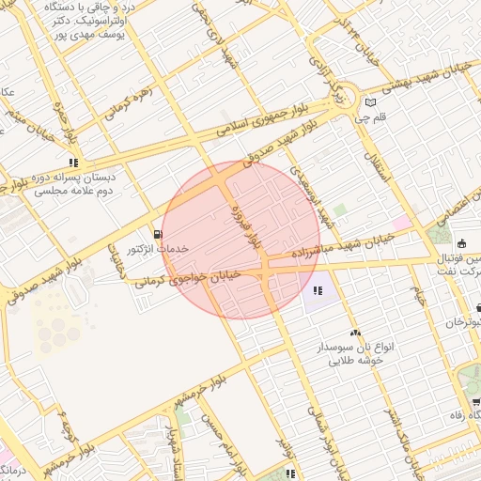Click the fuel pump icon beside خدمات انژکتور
156,234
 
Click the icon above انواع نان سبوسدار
355,333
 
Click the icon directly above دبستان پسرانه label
73,162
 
